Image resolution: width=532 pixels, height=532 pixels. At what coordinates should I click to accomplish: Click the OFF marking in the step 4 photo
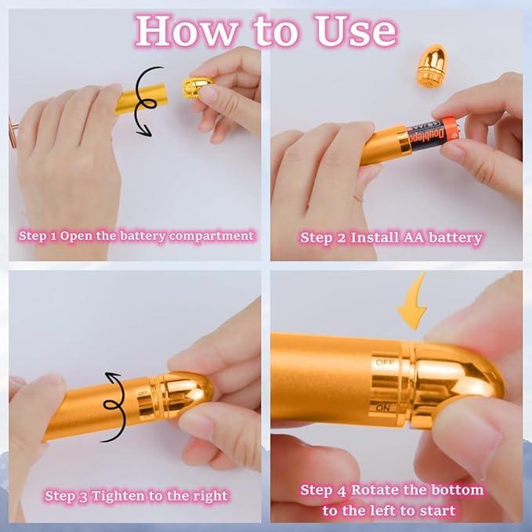(x=384, y=363)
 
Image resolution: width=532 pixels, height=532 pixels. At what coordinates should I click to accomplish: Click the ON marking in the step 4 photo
(x=385, y=407)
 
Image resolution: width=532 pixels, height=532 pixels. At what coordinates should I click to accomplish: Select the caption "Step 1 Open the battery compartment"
(x=136, y=235)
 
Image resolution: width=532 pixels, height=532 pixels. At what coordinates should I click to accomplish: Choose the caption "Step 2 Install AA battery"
(x=391, y=237)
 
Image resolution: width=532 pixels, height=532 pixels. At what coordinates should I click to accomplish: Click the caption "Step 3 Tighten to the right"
(x=136, y=495)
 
